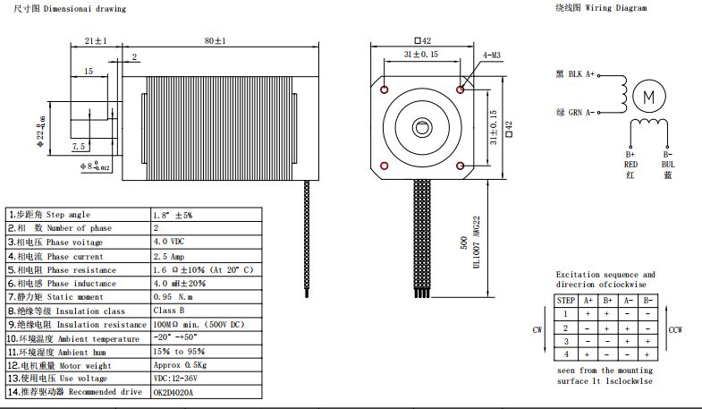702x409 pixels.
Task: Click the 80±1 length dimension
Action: click(214, 40)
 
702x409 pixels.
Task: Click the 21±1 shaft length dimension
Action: click(96, 40)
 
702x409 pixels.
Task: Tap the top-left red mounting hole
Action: click(385, 90)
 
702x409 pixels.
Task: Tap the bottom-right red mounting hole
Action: click(461, 166)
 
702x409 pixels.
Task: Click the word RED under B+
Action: click(630, 165)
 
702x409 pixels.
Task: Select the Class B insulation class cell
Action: click(170, 311)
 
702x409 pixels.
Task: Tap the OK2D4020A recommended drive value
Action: click(178, 392)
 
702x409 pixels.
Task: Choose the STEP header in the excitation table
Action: click(565, 301)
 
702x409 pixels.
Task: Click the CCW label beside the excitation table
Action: click(676, 330)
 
